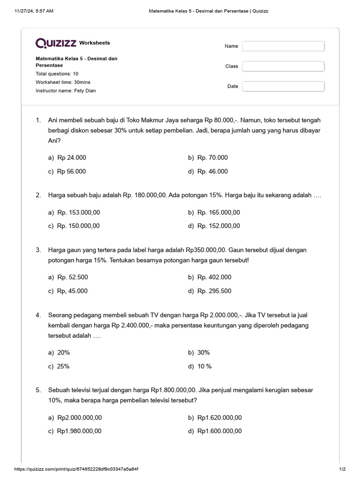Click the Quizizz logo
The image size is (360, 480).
[56, 43]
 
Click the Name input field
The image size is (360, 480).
[283, 46]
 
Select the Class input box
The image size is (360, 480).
[283, 66]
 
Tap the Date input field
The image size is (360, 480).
[283, 86]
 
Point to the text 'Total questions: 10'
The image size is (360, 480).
[57, 74]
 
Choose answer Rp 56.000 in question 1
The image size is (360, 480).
[71, 172]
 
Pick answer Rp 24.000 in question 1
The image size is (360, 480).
[71, 158]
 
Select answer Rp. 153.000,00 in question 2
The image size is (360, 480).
[78, 212]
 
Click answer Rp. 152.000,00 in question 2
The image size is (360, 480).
[218, 226]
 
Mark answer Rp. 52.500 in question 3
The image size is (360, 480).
[72, 277]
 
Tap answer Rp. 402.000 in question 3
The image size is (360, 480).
[214, 277]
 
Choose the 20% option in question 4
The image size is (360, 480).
[63, 352]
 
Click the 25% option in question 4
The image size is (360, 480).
[63, 366]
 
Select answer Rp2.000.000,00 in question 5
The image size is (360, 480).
[79, 418]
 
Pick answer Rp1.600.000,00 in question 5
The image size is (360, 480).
[219, 431]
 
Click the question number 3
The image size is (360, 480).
[38, 250]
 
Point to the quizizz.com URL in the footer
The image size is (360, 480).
[76, 469]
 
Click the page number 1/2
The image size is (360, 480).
[342, 469]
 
